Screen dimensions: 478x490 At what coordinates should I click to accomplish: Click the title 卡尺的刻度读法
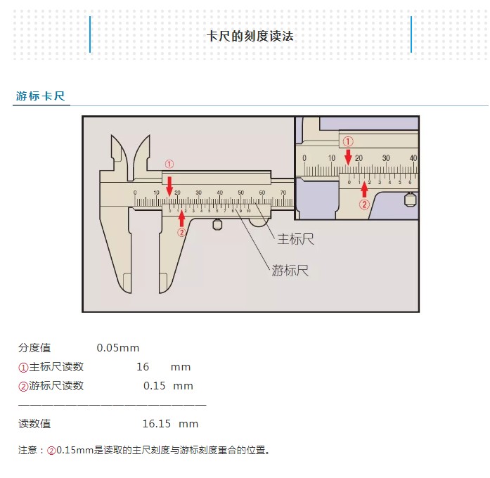tap(250, 36)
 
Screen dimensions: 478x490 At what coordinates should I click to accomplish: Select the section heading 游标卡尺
tap(41, 96)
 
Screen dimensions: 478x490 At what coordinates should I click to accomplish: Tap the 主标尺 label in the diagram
tap(295, 240)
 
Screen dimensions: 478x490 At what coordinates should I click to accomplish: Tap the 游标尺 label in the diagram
tap(290, 271)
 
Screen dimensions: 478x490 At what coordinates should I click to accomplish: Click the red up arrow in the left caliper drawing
tap(182, 217)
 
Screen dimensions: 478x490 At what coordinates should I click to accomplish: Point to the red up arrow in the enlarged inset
tap(364, 190)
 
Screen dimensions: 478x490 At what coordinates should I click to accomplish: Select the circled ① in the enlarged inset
tap(348, 141)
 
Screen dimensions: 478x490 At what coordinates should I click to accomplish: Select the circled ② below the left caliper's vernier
tap(181, 233)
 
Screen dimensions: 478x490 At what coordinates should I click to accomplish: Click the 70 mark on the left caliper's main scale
tap(283, 193)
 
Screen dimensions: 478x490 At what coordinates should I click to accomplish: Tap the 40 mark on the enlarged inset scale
tap(413, 158)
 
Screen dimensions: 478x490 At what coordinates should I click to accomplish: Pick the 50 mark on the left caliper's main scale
tap(241, 193)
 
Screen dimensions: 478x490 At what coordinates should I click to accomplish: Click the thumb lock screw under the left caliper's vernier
tap(218, 225)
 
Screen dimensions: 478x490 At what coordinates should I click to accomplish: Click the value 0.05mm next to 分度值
tap(118, 348)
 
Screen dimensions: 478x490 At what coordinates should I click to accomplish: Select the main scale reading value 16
tap(143, 367)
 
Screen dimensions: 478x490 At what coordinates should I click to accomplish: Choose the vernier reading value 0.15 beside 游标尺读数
tap(155, 386)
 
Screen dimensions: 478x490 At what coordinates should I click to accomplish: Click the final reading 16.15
tap(157, 424)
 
